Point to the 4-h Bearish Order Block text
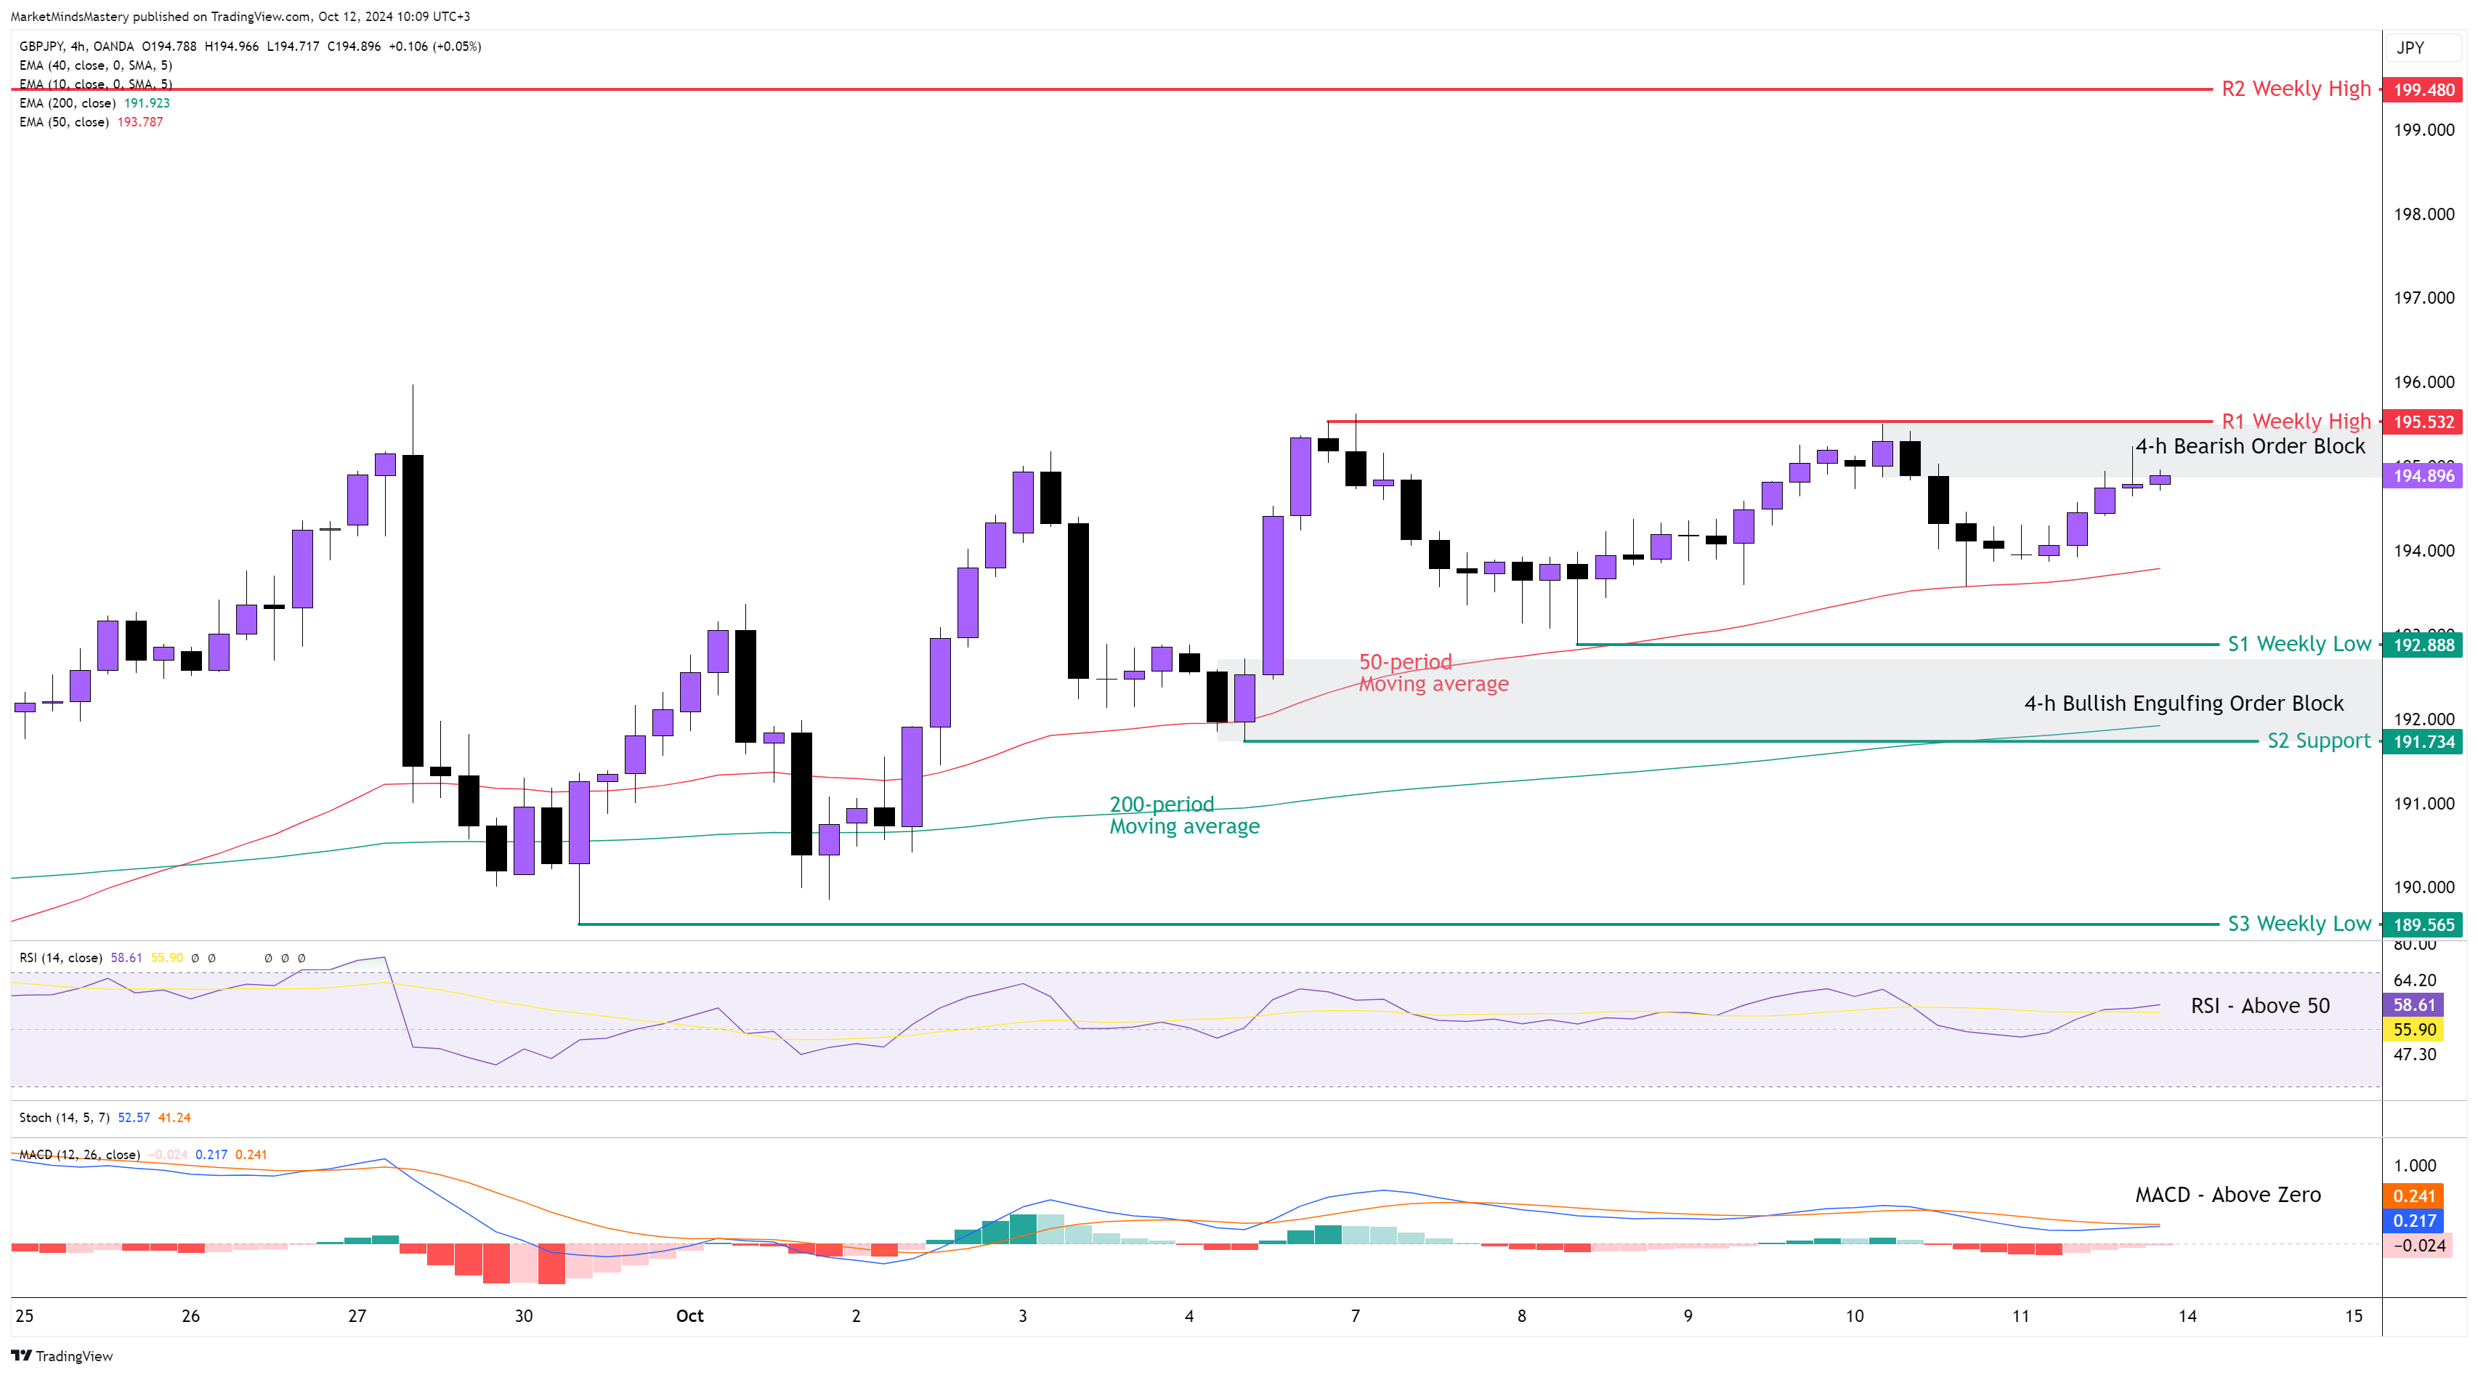2250,446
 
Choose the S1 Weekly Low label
2299,644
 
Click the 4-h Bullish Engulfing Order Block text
2184,703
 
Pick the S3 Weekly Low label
2299,924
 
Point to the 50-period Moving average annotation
1433,672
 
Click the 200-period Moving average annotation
1183,815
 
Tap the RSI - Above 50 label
2259,1006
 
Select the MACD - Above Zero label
2228,1194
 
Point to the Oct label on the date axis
689,1315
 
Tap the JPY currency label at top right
2410,48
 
